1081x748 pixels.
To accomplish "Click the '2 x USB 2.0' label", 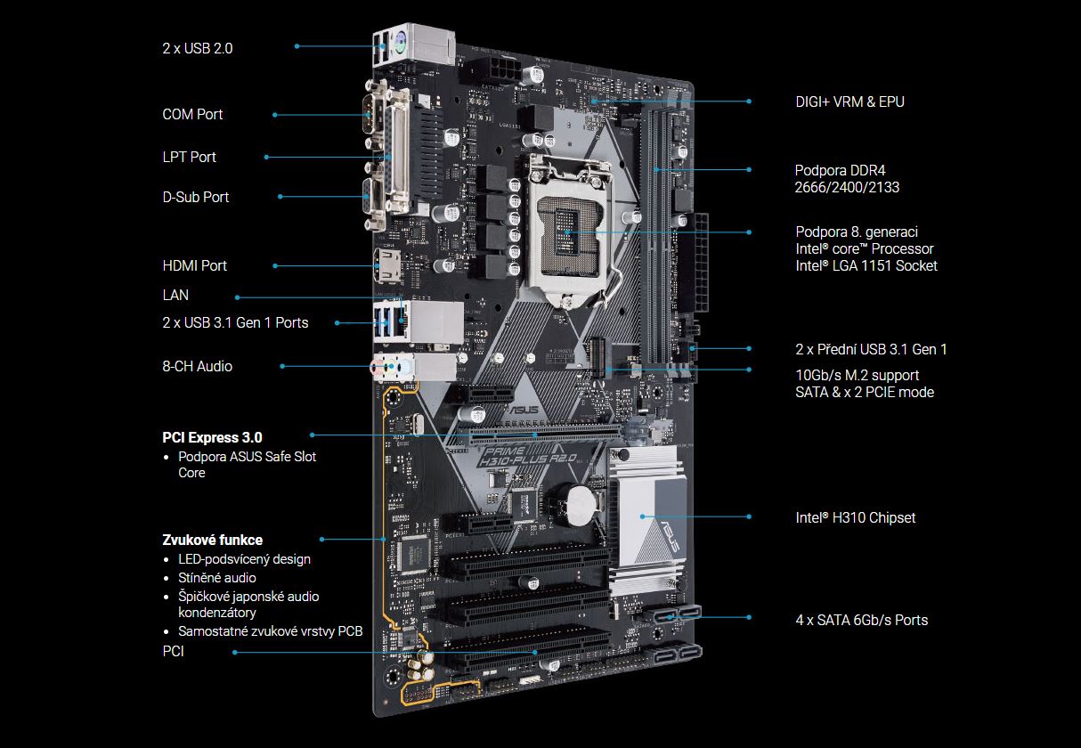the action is tap(198, 48).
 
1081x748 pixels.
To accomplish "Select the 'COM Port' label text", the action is tap(192, 114).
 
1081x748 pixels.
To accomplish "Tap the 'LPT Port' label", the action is tap(189, 157).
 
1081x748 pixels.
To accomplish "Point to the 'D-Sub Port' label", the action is tap(195, 197).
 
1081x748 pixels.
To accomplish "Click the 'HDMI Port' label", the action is tap(194, 265).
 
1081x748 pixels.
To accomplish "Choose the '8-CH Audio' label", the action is tap(198, 366).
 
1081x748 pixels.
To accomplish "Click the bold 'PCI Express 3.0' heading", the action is tap(212, 437).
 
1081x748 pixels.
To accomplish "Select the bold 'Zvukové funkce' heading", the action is tap(212, 540).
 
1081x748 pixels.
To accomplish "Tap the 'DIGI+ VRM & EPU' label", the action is tap(849, 102).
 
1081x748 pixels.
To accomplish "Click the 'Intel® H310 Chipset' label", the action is tap(855, 517).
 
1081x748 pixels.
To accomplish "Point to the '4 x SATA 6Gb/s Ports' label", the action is tap(861, 620).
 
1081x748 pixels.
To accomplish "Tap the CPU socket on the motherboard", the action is tap(570, 232).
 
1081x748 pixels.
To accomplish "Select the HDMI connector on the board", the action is tap(387, 265).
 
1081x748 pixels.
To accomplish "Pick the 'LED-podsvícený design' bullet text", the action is tap(244, 559).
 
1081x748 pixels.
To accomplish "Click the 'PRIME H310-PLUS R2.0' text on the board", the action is tap(527, 457).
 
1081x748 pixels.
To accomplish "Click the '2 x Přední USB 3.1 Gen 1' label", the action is tap(871, 349).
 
